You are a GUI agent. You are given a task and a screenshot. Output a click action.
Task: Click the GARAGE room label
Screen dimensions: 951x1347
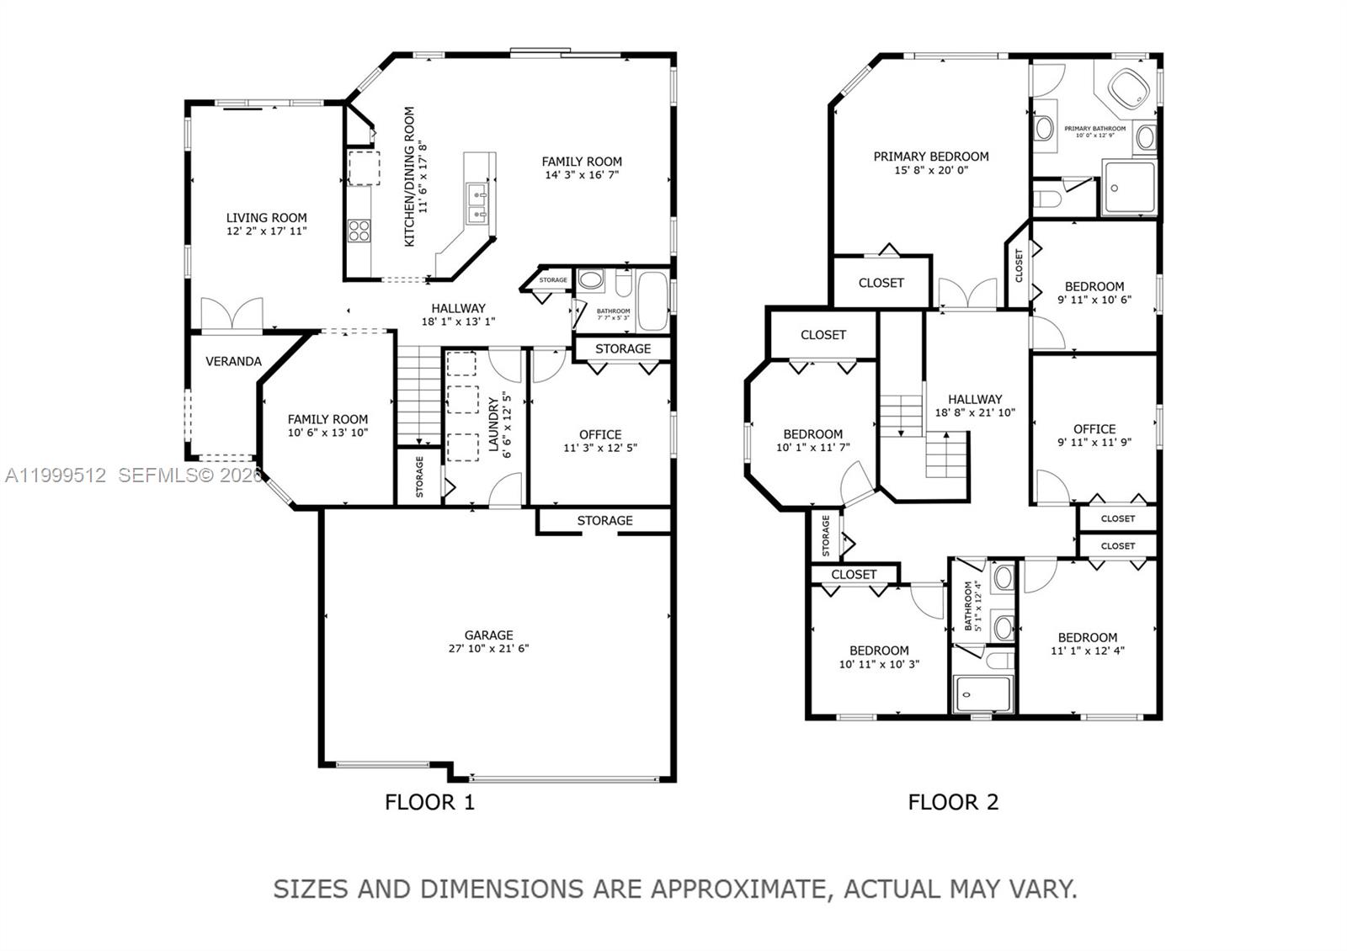click(488, 635)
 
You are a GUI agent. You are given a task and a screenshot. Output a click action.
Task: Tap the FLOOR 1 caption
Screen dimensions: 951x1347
click(429, 802)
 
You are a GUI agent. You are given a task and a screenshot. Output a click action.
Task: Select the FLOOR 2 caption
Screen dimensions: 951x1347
click(953, 802)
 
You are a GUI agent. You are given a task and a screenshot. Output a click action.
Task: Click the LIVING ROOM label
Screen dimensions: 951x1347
click(266, 217)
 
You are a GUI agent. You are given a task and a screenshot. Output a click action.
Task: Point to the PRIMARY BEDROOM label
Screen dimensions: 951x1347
click(931, 157)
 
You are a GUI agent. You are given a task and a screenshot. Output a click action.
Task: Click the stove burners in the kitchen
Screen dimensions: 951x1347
click(359, 230)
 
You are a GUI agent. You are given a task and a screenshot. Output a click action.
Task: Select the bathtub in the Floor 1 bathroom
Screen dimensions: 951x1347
click(652, 300)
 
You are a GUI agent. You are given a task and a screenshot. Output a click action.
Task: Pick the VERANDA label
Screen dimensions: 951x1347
click(233, 361)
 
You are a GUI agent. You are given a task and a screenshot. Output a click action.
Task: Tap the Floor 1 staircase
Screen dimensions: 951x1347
click(419, 396)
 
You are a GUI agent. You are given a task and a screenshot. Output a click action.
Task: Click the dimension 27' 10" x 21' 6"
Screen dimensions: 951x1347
click(488, 649)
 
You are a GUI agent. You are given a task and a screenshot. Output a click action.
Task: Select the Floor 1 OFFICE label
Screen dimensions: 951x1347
click(600, 434)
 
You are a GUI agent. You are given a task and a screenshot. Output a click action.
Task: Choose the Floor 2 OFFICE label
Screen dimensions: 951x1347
click(1094, 428)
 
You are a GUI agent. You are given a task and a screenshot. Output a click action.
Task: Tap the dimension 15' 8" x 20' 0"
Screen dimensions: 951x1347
click(931, 170)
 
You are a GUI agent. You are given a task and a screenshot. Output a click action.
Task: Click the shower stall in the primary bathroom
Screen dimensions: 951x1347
click(1130, 189)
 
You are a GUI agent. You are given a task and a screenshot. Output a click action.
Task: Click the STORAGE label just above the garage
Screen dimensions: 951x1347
click(604, 521)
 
